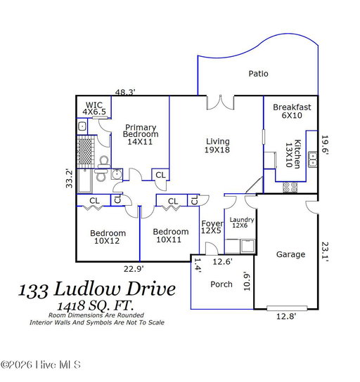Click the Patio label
tap(258, 74)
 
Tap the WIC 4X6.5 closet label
tap(94, 108)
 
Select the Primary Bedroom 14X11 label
tap(141, 135)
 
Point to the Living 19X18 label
tap(217, 145)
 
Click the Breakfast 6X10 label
tap(292, 111)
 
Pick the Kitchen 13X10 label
tap(293, 154)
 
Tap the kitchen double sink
tap(312, 159)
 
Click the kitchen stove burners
tap(290, 187)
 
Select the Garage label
tap(290, 255)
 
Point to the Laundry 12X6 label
tap(242, 223)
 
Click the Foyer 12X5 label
tap(212, 227)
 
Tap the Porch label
tap(221, 284)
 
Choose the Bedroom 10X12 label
tap(108, 237)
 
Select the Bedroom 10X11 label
tap(171, 235)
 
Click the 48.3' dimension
tap(125, 92)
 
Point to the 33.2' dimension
tap(69, 178)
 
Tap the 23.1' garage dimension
tap(325, 251)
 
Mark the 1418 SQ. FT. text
tap(96, 305)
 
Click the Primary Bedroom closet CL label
tap(160, 175)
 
